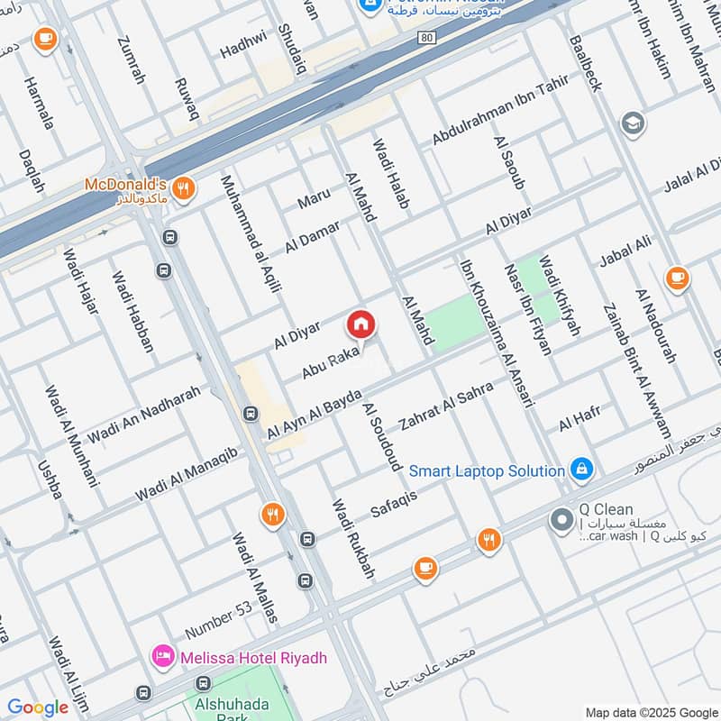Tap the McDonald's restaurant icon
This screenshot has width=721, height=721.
coord(184,187)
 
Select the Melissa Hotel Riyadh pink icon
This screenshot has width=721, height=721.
coord(163,655)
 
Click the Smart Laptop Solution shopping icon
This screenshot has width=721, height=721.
coord(582,470)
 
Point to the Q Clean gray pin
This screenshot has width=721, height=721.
coord(561,520)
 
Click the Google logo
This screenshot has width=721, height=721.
coord(38,707)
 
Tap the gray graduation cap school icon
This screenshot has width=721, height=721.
coord(633,123)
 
